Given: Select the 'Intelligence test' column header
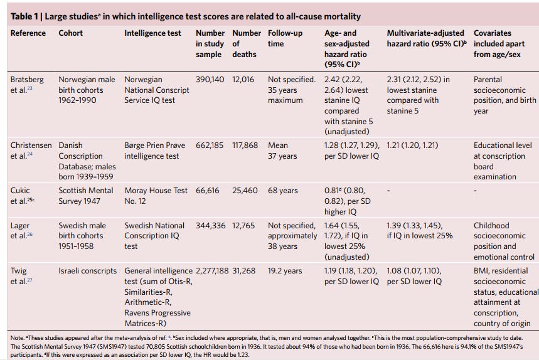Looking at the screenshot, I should coord(152,33).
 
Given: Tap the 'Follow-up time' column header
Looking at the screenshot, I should coord(284,38).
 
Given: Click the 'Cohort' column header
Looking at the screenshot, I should coord(71,33).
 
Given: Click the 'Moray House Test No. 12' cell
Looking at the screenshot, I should coord(156,195).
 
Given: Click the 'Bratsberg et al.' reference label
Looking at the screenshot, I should coord(28,85).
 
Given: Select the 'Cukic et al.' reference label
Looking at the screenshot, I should coord(24,195).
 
